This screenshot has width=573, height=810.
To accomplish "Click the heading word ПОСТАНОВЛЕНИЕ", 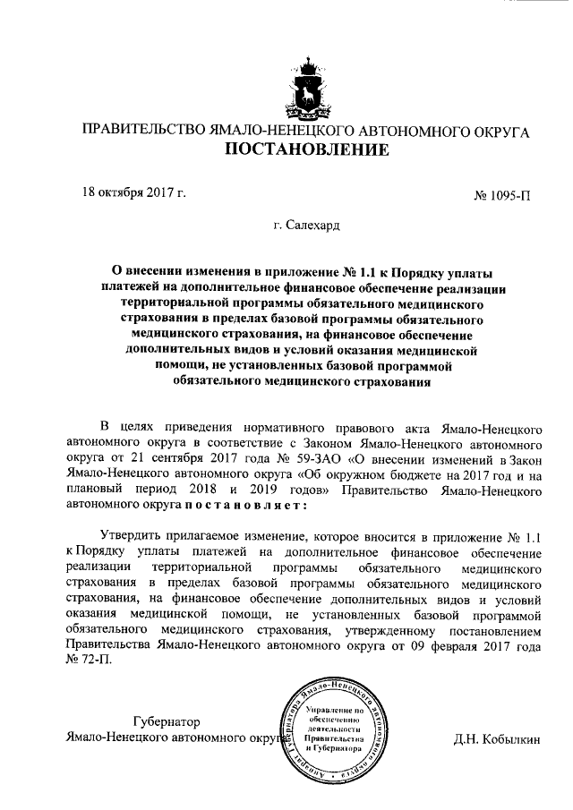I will [306, 149].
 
